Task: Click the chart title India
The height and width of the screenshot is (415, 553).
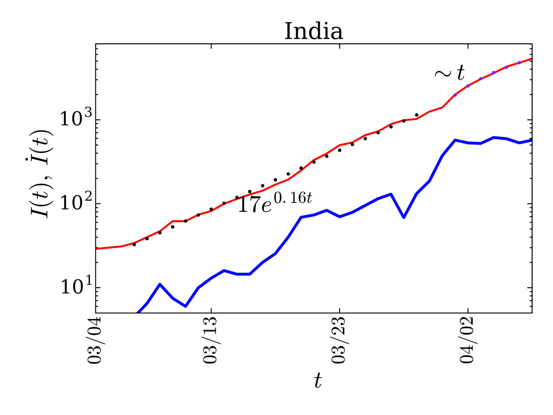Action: (x=314, y=32)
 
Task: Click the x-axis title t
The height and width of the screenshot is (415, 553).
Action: (x=318, y=380)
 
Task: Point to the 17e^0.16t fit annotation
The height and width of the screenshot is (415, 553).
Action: (x=275, y=202)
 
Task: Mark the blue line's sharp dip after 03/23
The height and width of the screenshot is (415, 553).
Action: (x=404, y=217)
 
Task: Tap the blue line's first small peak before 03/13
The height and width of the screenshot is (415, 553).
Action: (x=159, y=284)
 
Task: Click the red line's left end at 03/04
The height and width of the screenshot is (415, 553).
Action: (x=96, y=249)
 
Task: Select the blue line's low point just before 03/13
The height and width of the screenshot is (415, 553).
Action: (x=185, y=306)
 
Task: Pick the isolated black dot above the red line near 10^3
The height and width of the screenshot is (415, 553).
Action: (x=417, y=115)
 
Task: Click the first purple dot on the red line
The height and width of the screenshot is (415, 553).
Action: (x=455, y=95)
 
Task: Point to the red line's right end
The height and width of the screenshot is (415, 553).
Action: (x=531, y=59)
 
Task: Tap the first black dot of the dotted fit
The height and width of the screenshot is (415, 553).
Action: (x=134, y=244)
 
